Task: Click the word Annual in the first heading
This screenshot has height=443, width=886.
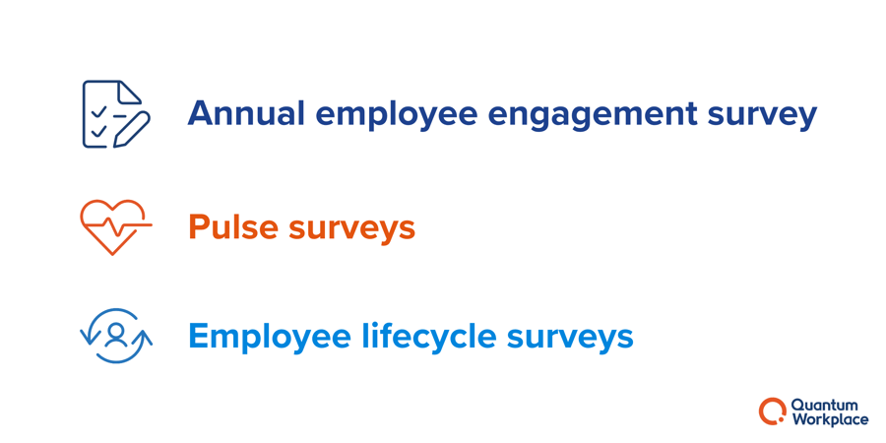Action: coord(246,113)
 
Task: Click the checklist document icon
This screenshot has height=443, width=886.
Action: coord(116,113)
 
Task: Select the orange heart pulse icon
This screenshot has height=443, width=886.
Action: coord(116,226)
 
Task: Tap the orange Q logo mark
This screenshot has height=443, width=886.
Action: coord(773,411)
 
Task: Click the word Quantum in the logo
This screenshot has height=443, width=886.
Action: coord(825,406)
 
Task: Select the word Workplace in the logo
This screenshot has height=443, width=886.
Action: coord(830,419)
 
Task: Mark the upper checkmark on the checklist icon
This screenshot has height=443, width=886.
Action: coord(98,112)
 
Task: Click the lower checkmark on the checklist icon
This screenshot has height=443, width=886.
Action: coord(98,132)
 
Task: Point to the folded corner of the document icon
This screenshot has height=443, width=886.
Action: coord(130,92)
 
